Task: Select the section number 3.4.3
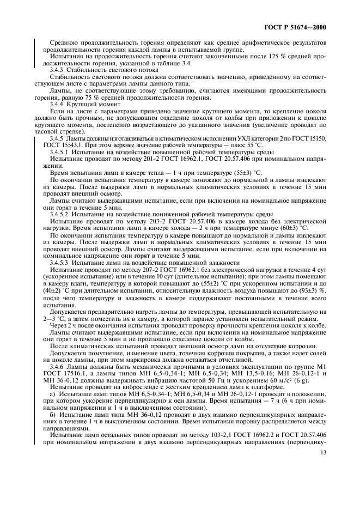click(59, 70)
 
